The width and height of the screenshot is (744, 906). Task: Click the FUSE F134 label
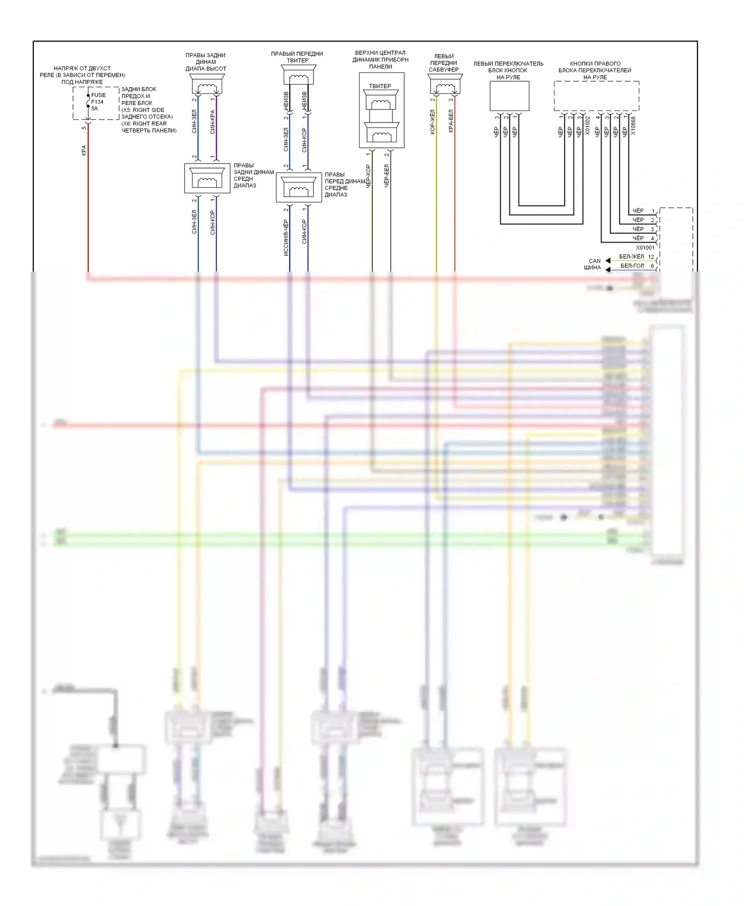[98, 98]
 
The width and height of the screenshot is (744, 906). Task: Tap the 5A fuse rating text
[95, 109]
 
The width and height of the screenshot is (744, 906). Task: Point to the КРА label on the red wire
[84, 150]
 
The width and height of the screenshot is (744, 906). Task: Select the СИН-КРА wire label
[212, 122]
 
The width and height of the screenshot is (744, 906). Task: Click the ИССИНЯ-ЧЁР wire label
[286, 238]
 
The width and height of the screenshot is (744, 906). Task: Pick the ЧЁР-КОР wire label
[368, 176]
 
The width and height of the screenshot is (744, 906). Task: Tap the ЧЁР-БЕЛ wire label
[386, 176]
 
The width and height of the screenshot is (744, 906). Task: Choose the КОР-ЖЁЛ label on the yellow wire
[433, 122]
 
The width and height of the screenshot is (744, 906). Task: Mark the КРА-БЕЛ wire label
[451, 121]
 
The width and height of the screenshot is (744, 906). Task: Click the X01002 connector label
[588, 126]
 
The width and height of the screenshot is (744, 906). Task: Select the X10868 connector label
[633, 126]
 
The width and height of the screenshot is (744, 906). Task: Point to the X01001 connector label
[645, 247]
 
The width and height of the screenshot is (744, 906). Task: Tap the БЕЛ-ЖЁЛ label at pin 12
[631, 257]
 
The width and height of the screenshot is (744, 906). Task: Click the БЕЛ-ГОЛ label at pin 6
[632, 266]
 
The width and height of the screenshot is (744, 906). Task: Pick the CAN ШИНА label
[593, 264]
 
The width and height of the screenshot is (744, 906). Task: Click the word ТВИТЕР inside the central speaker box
[380, 86]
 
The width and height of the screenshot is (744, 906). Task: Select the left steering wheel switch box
[509, 96]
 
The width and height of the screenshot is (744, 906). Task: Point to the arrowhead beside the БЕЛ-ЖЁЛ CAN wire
[608, 261]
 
